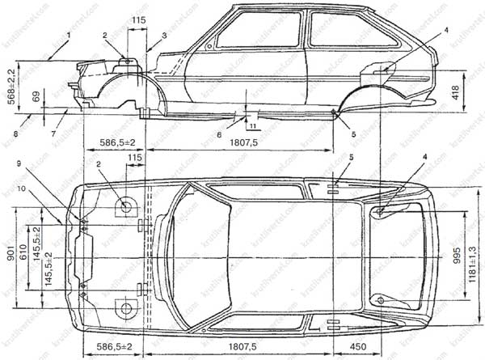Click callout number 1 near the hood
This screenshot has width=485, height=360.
click(70, 35)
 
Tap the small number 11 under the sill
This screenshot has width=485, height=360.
click(251, 126)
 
